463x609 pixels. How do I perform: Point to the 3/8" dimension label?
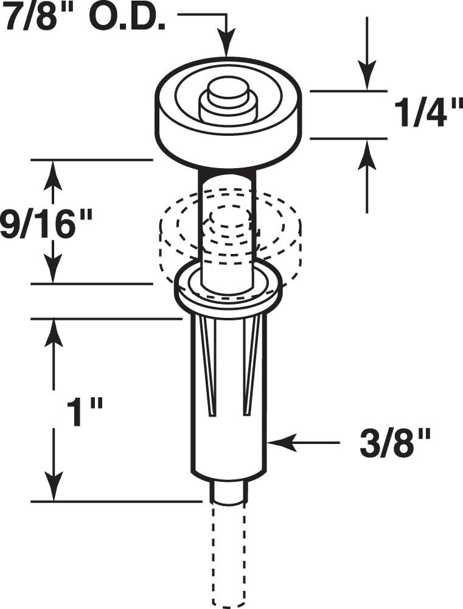coord(395,443)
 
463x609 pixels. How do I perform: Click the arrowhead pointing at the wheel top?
coord(226,49)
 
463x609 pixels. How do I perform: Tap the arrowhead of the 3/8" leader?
coord(277,443)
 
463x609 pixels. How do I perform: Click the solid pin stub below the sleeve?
coord(229,491)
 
